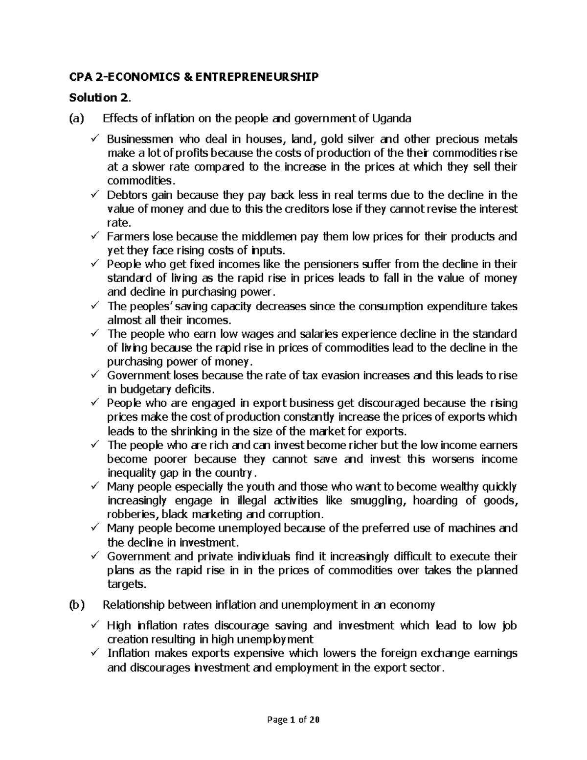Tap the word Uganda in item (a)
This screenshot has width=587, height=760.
click(391, 118)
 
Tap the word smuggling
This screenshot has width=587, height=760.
click(382, 501)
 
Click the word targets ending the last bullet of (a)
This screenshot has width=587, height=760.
click(126, 584)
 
